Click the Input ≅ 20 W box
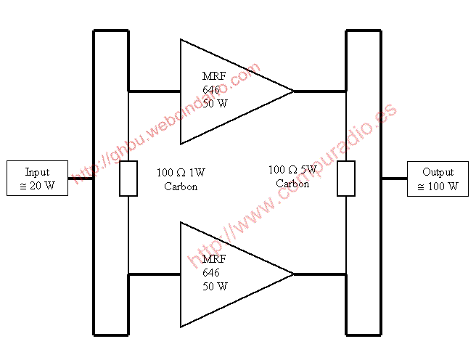pos(37,178)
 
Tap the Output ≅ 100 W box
pos(438,179)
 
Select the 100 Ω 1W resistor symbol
pos(128,179)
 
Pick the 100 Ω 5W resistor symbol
pos(346,179)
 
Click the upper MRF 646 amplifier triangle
pos(237,91)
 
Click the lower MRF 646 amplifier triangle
pos(237,274)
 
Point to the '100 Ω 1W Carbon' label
pos(181,179)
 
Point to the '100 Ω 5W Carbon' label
pos(292,176)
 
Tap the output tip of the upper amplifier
pos(294,91)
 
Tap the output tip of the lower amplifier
pos(294,274)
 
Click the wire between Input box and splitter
pos(81,179)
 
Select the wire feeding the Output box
pos(394,179)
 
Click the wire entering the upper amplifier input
pos(155,91)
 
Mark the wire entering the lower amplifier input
pos(155,274)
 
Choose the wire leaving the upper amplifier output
pos(320,91)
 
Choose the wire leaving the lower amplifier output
pos(320,274)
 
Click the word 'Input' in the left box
pos(37,172)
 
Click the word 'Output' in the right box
pos(438,172)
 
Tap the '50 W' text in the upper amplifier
pos(215,104)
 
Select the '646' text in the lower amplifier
pos(211,273)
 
